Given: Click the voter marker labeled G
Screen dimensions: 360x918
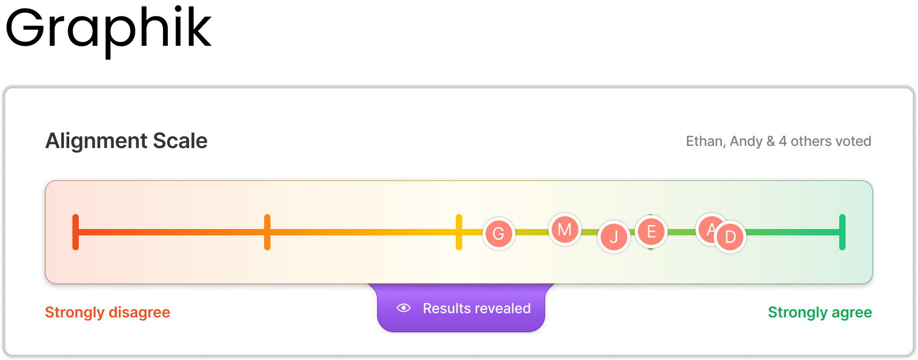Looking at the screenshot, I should (x=498, y=233).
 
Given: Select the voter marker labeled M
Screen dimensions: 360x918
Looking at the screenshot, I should (x=564, y=230).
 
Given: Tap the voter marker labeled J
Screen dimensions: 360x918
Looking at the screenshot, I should (x=614, y=237).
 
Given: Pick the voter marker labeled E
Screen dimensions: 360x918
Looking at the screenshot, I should (x=651, y=232).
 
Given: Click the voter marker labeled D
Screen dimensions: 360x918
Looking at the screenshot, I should (x=731, y=237).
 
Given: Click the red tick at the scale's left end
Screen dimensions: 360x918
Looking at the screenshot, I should (x=76, y=232).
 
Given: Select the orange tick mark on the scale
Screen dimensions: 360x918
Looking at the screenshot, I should (x=267, y=232).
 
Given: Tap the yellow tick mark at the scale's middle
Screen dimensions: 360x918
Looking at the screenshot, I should (x=459, y=232).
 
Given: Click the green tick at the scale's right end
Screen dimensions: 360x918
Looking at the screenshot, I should (x=842, y=232).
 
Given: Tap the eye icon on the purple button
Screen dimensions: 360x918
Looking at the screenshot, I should (x=404, y=308).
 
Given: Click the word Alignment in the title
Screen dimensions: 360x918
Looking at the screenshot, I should (x=96, y=141).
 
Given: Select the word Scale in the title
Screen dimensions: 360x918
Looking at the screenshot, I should (x=180, y=141).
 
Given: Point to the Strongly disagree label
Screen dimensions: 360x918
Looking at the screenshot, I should (x=108, y=312).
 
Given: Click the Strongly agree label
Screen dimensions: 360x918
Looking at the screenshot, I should (x=819, y=312).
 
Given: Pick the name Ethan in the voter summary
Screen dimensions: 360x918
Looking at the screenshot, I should (x=704, y=141).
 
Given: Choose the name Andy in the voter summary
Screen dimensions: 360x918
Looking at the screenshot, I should (x=746, y=141).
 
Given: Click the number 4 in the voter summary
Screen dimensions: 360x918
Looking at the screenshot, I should (x=783, y=141).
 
